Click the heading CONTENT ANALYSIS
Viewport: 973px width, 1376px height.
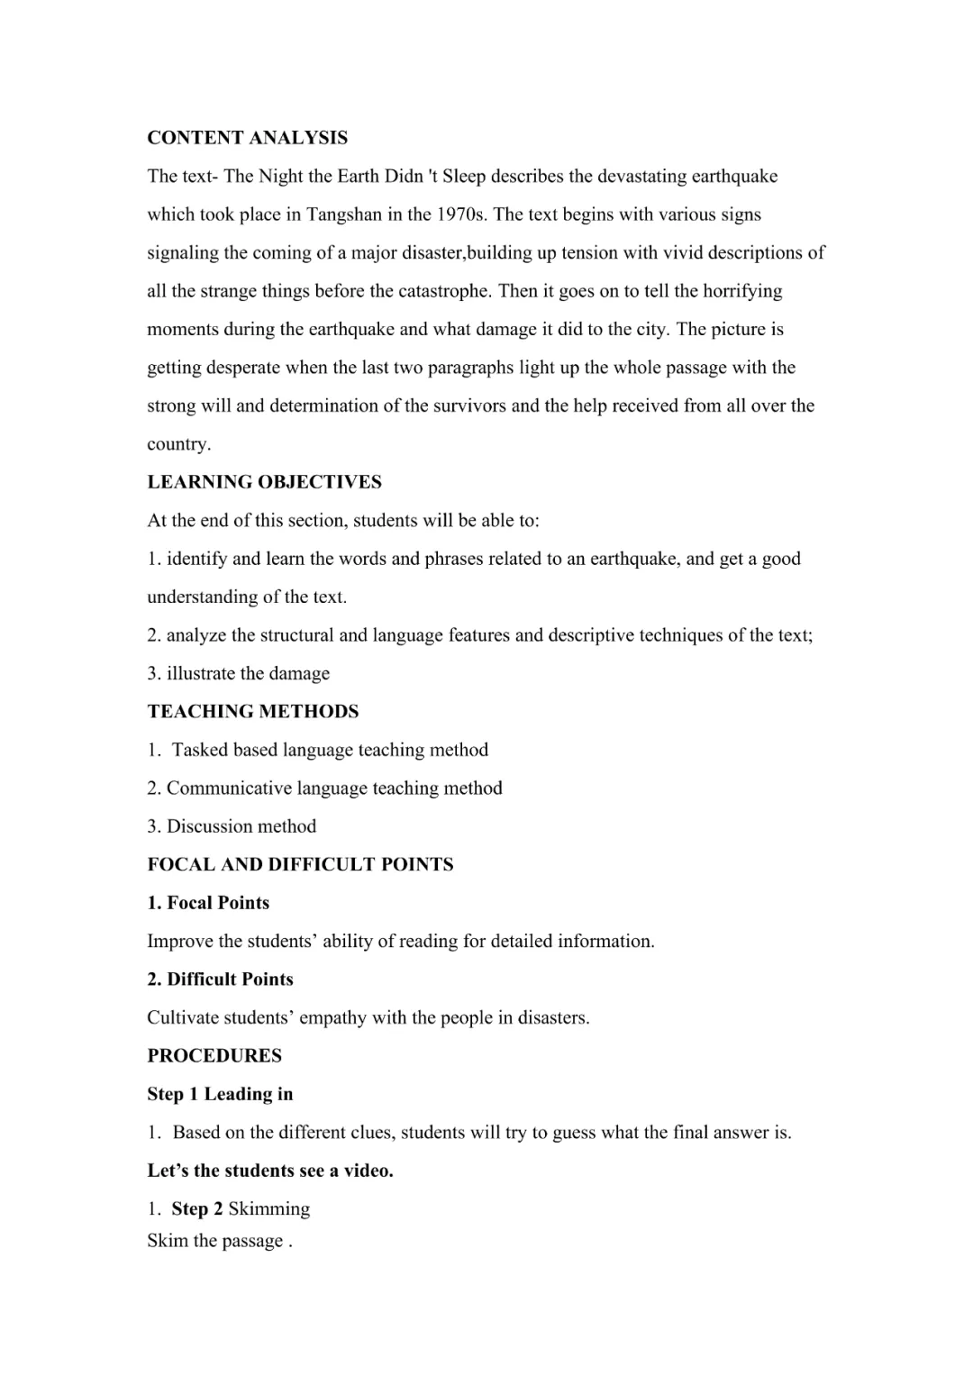pos(247,138)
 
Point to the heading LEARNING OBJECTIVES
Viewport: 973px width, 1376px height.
pos(264,482)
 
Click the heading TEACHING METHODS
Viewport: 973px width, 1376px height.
pos(252,712)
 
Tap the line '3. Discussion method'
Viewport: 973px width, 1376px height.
pos(232,826)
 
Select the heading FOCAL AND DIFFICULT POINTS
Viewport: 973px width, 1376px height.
pos(300,865)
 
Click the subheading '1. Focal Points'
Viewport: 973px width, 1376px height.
pos(208,903)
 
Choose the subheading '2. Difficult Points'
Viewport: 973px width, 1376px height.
pos(220,980)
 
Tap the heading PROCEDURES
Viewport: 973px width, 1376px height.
pos(214,1056)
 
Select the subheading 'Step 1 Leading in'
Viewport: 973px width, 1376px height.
pos(220,1094)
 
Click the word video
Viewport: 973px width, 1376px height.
pos(367,1171)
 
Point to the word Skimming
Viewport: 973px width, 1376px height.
pos(268,1209)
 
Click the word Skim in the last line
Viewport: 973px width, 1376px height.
pos(166,1241)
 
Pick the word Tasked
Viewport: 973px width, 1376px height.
pos(200,750)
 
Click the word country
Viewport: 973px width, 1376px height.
pos(178,444)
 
